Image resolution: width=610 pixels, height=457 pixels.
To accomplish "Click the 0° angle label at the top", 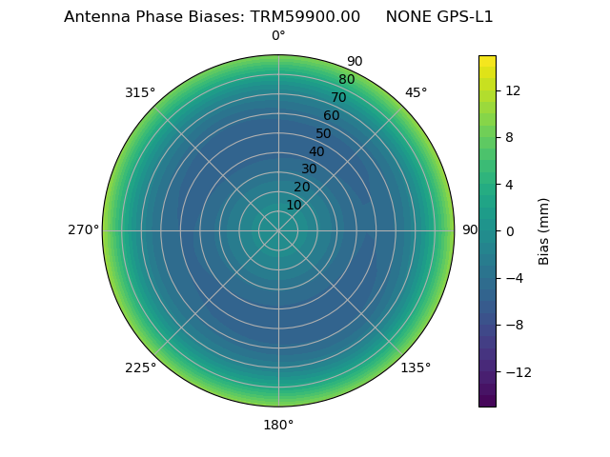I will tap(278, 36).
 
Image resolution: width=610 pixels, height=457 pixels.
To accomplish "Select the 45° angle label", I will tap(416, 92).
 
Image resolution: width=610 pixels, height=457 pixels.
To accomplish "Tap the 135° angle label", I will tap(416, 368).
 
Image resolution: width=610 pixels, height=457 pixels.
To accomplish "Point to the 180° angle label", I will tap(278, 425).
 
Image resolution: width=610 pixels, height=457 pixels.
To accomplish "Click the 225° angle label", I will tap(140, 368).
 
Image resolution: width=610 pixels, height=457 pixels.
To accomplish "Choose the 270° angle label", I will tap(83, 229).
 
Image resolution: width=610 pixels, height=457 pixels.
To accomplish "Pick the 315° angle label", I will tap(140, 92).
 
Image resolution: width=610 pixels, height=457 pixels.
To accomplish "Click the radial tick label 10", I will tap(294, 205).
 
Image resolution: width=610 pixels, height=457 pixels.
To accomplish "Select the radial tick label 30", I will tap(309, 169).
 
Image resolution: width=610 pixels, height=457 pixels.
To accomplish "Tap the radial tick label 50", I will tap(323, 133).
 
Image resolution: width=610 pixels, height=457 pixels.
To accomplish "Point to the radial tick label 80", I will tap(346, 79).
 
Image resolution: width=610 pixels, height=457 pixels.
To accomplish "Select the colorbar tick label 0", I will tap(508, 230).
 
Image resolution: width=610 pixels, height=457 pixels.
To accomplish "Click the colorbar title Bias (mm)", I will tap(544, 230).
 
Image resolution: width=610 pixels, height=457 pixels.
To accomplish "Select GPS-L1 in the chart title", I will tap(462, 16).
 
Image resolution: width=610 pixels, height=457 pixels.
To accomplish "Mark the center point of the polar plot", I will tap(278, 230).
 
